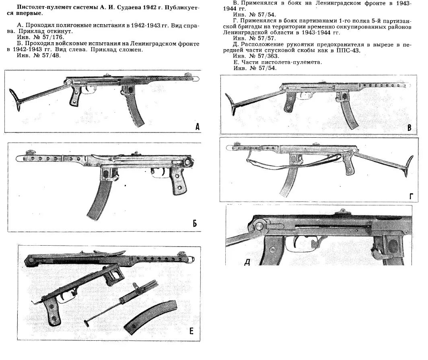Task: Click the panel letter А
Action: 198,127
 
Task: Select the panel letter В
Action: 409,128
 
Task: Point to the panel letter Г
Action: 411,196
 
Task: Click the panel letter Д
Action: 247,263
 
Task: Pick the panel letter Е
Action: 191,331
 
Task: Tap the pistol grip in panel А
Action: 75,97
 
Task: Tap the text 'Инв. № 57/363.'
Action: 253,57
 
